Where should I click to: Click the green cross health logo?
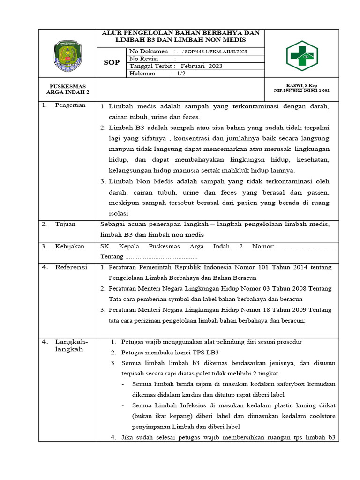pos(302,55)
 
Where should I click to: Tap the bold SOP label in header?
pos(111,62)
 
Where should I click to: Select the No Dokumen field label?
pos(148,51)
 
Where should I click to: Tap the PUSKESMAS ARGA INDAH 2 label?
pos(68,90)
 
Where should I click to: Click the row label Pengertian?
pos(70,105)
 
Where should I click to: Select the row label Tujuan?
pos(65,224)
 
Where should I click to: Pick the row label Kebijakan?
pos(69,246)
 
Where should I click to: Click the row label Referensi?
pos(71,267)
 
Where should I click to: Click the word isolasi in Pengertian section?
pos(112,213)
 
